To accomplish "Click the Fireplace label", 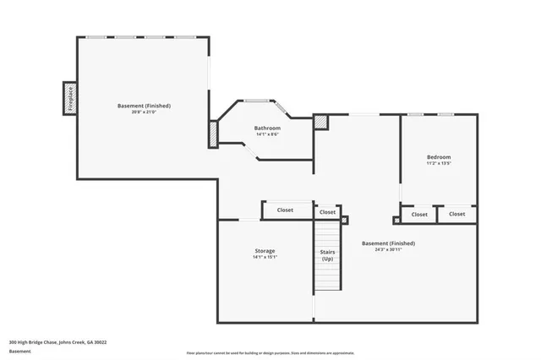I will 70,98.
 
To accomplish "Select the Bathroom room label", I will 267,128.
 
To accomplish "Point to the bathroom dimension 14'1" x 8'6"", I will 267,134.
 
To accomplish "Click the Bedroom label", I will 438,157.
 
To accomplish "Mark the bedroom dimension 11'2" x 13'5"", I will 438,163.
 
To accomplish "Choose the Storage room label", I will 265,250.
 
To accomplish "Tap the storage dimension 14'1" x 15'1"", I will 265,257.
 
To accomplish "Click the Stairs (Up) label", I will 326,254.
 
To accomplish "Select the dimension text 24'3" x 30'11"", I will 388,249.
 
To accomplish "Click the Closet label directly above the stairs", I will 327,211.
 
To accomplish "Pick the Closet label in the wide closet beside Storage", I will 286,210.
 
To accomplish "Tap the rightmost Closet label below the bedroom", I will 456,214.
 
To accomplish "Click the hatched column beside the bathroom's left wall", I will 213,133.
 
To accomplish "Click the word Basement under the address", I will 19,352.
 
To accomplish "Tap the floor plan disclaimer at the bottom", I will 270,352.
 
